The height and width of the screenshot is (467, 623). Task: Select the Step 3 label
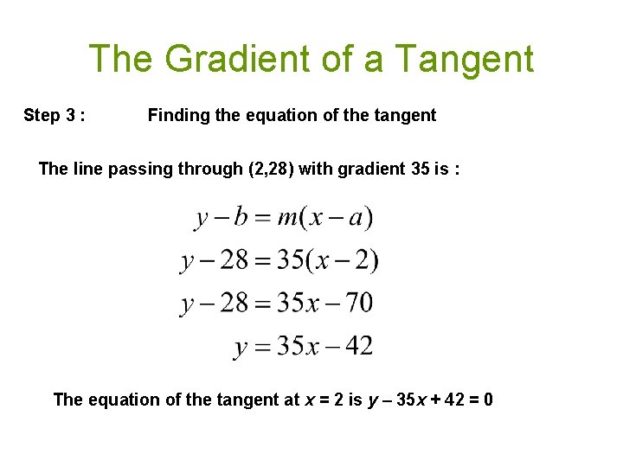pyautogui.click(x=54, y=115)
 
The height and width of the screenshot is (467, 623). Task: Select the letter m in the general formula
pyautogui.click(x=287, y=216)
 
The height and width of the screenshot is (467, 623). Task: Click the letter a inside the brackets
pyautogui.click(x=355, y=216)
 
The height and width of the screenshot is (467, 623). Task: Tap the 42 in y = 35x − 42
pyautogui.click(x=358, y=346)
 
